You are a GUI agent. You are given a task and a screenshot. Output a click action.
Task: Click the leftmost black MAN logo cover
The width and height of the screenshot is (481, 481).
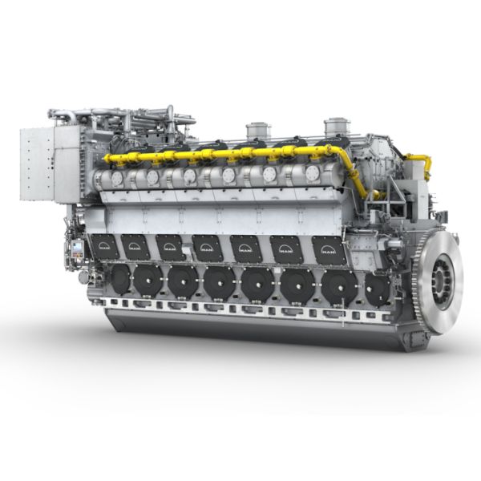(104, 246)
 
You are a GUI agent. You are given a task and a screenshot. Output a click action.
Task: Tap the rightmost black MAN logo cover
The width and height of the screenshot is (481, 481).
(329, 250)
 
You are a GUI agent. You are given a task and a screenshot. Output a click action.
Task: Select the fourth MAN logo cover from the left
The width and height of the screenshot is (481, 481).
(208, 248)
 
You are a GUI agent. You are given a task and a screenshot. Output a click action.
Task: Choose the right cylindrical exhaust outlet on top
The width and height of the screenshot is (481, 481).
(337, 127)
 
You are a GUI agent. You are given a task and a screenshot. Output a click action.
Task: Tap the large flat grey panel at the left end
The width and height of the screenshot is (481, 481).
(38, 164)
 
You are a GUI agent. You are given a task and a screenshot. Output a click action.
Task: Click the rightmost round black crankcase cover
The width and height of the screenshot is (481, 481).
(377, 289)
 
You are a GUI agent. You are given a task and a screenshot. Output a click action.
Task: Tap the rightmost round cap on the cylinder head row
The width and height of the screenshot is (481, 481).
(312, 173)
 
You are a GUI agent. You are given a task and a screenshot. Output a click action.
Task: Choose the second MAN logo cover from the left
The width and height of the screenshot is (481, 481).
(135, 246)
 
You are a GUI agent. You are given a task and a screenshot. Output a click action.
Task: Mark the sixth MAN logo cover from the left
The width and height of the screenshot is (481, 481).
(286, 249)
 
